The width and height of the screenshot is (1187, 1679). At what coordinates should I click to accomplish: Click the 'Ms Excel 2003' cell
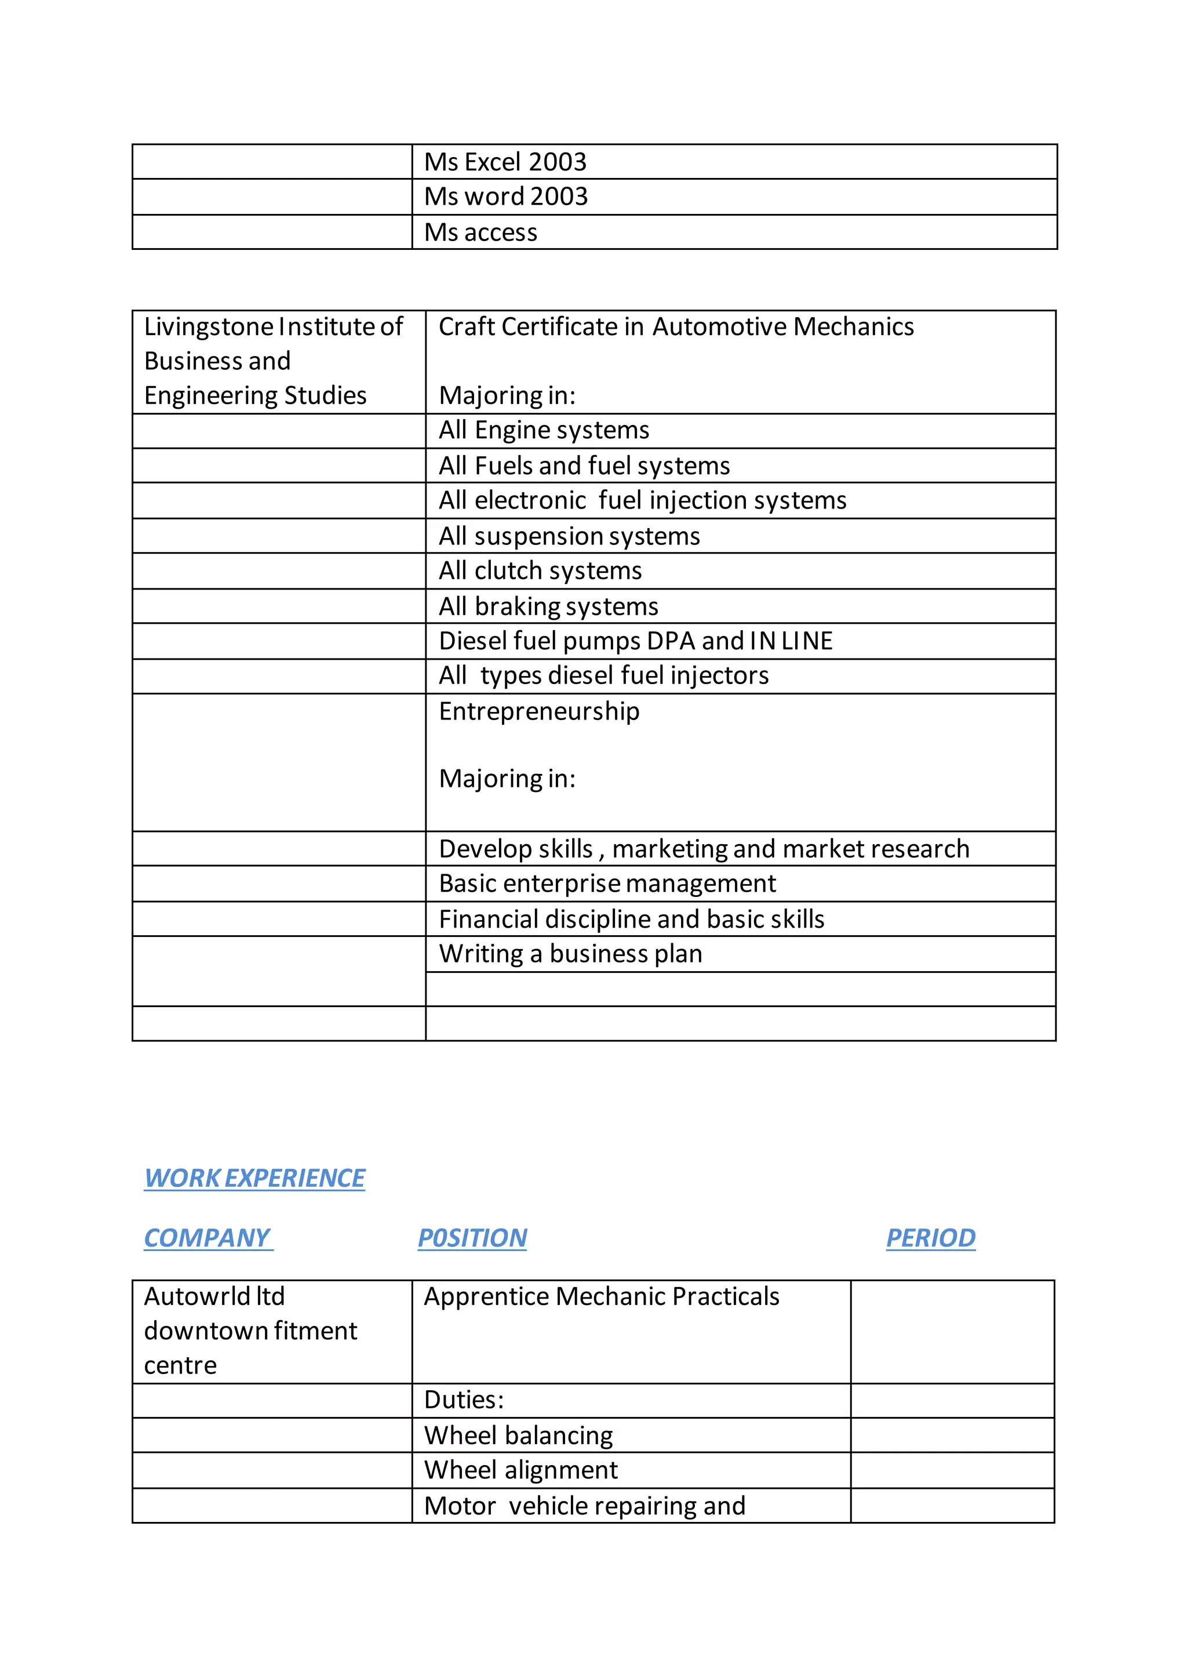point(505,162)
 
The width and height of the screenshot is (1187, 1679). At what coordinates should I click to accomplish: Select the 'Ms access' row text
point(480,232)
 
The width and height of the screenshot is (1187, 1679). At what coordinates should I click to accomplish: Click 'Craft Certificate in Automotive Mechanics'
point(675,327)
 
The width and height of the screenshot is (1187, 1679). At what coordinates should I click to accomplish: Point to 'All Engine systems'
point(543,430)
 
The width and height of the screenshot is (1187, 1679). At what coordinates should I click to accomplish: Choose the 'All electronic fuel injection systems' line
point(642,500)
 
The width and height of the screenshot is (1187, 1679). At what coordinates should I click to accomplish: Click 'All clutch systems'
point(540,570)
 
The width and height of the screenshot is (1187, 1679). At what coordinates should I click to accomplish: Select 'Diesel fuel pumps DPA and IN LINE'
point(635,641)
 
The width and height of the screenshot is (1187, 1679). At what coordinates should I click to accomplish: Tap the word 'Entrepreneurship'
point(538,711)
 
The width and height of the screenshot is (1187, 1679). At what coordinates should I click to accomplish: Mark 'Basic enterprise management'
point(607,884)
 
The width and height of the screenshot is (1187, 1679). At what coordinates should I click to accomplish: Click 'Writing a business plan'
point(570,954)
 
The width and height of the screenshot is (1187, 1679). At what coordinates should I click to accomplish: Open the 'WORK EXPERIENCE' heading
point(254,1178)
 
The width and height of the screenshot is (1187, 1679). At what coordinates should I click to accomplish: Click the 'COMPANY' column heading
point(207,1238)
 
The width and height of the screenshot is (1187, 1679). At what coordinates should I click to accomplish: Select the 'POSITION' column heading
point(472,1238)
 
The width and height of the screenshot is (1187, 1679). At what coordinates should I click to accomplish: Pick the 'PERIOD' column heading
point(930,1238)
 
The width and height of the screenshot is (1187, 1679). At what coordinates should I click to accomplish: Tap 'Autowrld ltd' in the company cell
point(214,1296)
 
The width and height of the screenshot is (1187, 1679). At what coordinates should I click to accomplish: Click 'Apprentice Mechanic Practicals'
point(602,1296)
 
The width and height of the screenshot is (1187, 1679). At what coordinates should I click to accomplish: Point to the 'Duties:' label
point(464,1400)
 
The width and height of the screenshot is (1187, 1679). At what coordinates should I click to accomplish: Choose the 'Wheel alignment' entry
point(520,1470)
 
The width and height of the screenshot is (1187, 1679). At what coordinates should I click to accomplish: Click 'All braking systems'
point(548,606)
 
